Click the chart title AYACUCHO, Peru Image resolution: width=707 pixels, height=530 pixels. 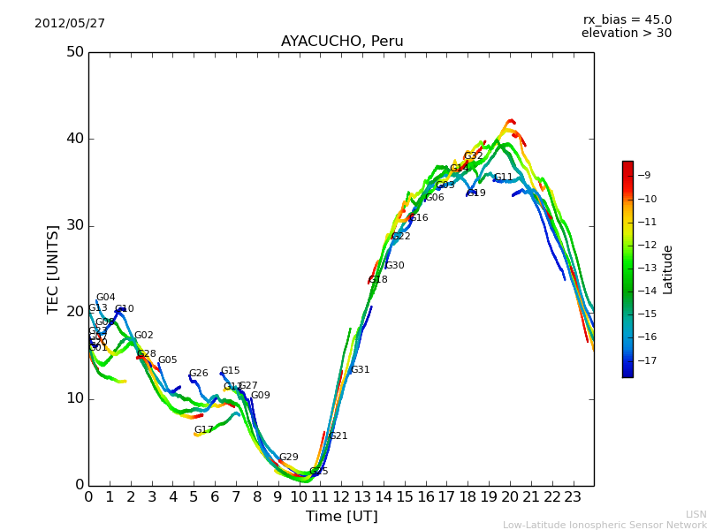[x=342, y=42]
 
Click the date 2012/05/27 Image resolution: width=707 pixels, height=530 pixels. [x=70, y=23]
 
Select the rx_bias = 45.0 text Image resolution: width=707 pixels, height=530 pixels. [x=627, y=19]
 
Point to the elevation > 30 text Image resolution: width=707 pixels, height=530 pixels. [x=627, y=34]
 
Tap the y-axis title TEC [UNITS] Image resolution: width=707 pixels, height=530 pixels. [x=54, y=269]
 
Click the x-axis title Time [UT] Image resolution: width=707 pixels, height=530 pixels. [x=342, y=517]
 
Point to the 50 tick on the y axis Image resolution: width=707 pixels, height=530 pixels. [x=75, y=52]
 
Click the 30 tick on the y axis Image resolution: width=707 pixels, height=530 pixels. [x=75, y=225]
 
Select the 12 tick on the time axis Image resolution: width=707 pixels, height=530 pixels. [x=341, y=496]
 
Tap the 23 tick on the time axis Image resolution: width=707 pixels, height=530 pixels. [x=573, y=496]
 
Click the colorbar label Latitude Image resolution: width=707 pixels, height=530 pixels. [x=668, y=269]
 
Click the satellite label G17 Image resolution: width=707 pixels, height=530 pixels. [x=204, y=430]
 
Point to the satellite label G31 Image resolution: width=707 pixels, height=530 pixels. [x=361, y=370]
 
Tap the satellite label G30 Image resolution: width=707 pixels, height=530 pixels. [x=394, y=266]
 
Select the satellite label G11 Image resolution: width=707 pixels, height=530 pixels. [x=504, y=178]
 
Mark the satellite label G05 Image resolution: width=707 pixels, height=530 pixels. [x=168, y=360]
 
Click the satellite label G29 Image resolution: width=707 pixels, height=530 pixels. [x=289, y=458]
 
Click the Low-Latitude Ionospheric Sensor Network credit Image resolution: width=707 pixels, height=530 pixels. [x=604, y=526]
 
